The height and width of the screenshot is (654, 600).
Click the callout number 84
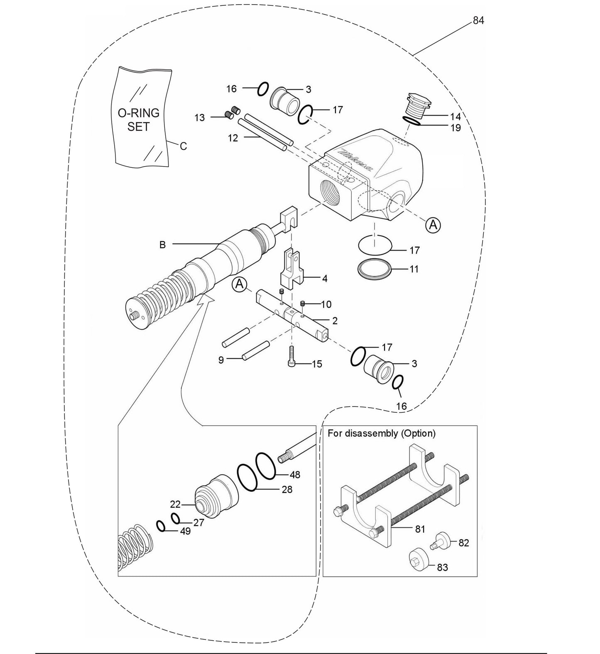[x=478, y=20]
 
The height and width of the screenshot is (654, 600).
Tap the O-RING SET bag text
[x=138, y=120]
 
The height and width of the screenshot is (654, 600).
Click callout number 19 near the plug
[x=456, y=127]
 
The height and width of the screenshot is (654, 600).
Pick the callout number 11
[x=414, y=269]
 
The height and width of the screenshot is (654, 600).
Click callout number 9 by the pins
[x=221, y=360]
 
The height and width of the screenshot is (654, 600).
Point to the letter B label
[x=162, y=245]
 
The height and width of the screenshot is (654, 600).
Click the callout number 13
[x=200, y=118]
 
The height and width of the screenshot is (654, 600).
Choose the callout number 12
[x=233, y=138]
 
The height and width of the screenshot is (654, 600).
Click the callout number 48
[x=295, y=475]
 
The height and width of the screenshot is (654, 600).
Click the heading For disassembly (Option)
[x=382, y=433]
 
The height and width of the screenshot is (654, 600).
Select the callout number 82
[x=463, y=543]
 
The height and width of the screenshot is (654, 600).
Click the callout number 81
[x=420, y=529]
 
